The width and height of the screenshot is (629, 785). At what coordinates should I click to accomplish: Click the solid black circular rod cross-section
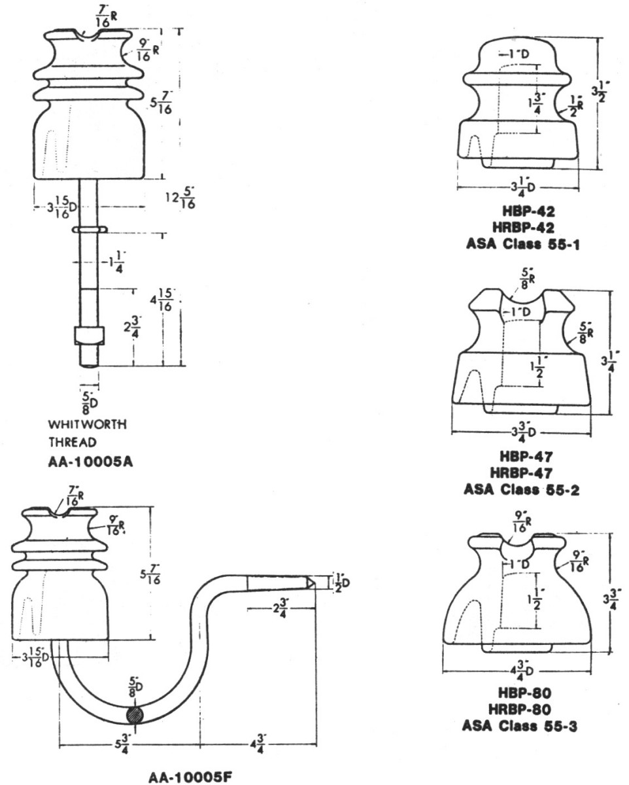[x=137, y=714]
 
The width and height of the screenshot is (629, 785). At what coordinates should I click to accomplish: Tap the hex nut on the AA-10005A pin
[x=88, y=335]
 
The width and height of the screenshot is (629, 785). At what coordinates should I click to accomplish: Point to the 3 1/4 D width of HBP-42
[x=517, y=188]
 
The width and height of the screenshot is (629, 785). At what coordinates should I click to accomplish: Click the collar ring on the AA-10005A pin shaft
[x=88, y=230]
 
